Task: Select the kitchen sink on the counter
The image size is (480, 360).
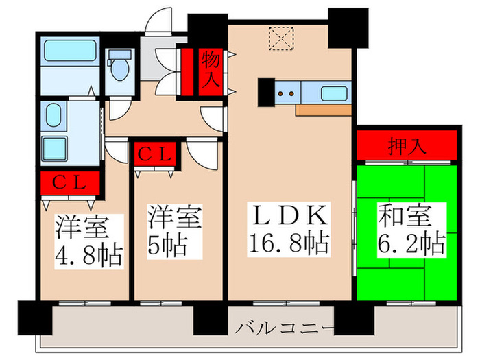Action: tap(334, 91)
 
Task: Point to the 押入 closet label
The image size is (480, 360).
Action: tap(406, 145)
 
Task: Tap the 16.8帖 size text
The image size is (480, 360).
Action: tap(288, 243)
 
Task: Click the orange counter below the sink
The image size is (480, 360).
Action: tap(323, 108)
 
